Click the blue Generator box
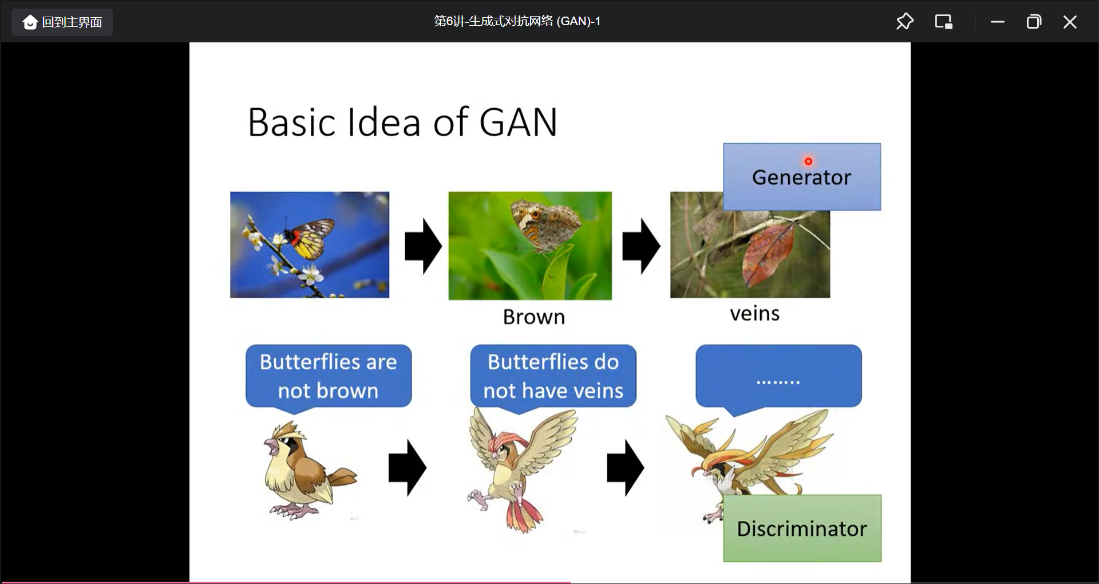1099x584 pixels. point(801,177)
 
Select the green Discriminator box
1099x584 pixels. point(802,528)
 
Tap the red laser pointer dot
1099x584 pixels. point(808,161)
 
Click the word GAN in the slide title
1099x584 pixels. point(517,123)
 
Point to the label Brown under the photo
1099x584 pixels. point(533,317)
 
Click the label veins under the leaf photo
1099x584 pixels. point(754,314)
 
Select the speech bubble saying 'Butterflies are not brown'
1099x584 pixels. point(328,376)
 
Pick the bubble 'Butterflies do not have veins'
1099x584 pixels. point(553,376)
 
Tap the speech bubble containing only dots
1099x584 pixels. point(778,376)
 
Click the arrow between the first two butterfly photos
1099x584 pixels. point(423,246)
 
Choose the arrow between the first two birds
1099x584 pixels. point(407,467)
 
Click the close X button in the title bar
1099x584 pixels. point(1069,22)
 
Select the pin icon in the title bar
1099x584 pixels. point(904,22)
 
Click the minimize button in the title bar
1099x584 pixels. point(998,22)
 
